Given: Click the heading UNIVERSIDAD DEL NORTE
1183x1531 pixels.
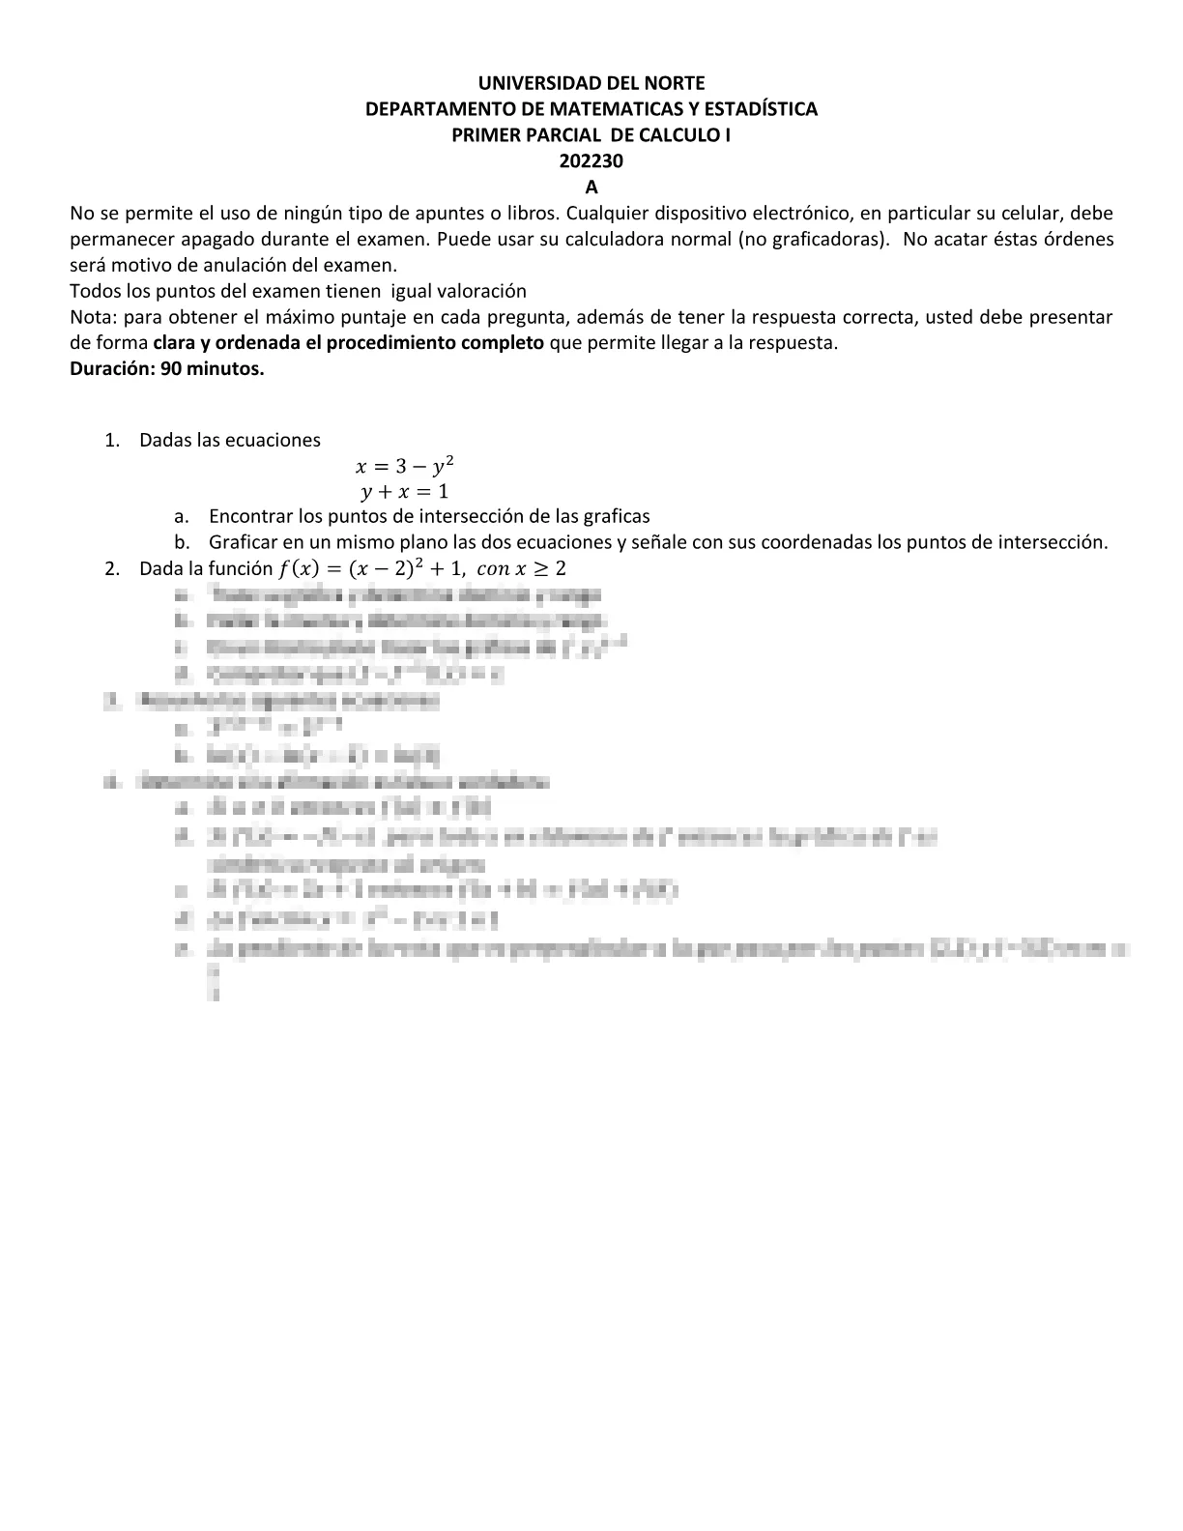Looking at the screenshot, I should [591, 83].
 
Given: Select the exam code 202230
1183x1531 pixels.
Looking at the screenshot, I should [591, 161].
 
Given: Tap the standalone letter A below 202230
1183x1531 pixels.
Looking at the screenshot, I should [591, 188].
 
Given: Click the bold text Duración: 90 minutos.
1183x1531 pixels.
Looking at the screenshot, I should [167, 369].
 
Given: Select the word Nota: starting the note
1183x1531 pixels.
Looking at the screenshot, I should [94, 317].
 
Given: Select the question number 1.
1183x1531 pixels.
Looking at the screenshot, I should [113, 441].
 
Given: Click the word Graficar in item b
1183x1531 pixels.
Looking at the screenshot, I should [242, 542].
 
